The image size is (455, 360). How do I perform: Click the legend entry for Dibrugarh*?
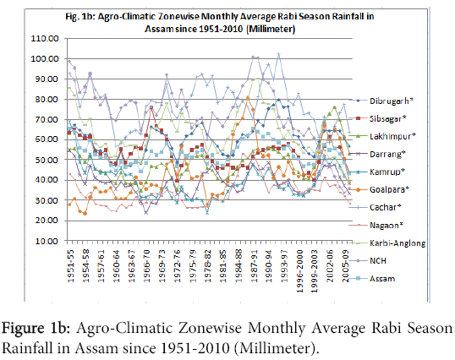(x=391, y=101)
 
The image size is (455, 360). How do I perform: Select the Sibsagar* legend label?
(x=387, y=118)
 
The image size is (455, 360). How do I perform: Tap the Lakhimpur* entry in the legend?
(x=392, y=136)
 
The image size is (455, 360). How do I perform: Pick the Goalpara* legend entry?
(x=389, y=189)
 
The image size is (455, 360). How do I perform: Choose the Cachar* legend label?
(x=386, y=207)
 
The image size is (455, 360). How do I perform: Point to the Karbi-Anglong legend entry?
(x=397, y=243)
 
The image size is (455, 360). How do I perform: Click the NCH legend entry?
(x=378, y=260)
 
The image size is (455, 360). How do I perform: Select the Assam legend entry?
(x=382, y=279)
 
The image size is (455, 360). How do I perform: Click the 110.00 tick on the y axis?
(x=45, y=39)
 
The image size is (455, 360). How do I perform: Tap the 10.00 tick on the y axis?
(x=47, y=241)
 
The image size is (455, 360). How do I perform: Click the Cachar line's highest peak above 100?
(x=279, y=54)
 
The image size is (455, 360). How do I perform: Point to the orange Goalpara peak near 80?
(x=248, y=98)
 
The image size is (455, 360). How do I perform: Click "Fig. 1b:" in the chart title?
(x=79, y=17)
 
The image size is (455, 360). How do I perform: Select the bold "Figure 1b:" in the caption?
(x=36, y=329)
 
